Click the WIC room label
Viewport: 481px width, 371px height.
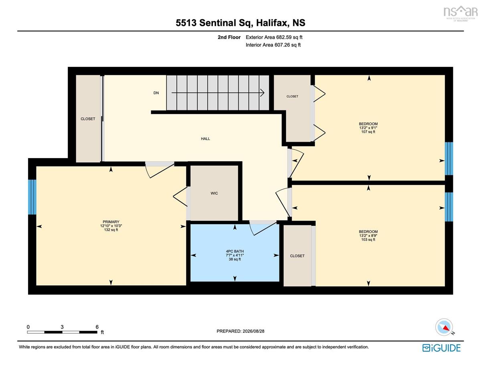tap(214, 193)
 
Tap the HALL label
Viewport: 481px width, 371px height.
tap(205, 139)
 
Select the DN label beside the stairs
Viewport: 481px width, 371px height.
tap(156, 93)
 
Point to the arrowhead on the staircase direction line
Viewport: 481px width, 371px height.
tap(262, 93)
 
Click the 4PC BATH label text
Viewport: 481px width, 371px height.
tap(235, 251)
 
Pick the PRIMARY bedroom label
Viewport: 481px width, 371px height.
tap(111, 222)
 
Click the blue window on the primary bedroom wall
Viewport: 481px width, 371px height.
tap(32, 197)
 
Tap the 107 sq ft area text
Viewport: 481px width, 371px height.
tap(368, 132)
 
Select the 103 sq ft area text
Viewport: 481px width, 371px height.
tap(368, 239)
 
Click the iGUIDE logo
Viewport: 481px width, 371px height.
tap(441, 348)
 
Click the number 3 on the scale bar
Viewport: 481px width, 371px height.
tap(62, 327)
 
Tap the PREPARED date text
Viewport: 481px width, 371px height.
tap(240, 331)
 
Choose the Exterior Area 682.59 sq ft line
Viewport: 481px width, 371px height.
tap(274, 37)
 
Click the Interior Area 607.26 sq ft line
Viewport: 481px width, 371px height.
tap(273, 45)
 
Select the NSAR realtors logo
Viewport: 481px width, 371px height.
tap(459, 14)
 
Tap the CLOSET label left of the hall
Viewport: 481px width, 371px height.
tap(88, 119)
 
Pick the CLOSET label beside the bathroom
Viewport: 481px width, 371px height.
tap(297, 256)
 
